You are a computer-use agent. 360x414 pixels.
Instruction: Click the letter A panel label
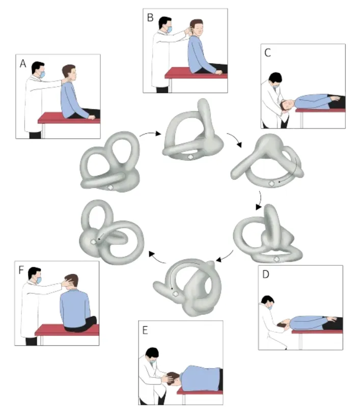coord(23,64)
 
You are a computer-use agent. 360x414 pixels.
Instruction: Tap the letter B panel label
coord(150,18)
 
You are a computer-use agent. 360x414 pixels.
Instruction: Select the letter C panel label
coord(267,53)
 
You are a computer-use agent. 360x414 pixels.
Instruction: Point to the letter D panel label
coord(266,274)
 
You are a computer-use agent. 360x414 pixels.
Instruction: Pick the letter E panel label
coord(145,330)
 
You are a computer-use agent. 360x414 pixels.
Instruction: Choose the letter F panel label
coord(21,270)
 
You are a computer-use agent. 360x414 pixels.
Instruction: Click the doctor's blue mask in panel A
coord(42,74)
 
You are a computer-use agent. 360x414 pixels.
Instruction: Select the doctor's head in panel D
coord(268,301)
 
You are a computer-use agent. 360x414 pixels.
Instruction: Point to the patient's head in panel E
coord(172,378)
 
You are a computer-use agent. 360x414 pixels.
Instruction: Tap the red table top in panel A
coord(69,118)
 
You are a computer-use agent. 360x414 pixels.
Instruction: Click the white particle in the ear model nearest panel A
coord(110,187)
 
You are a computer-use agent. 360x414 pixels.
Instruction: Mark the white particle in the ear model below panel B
coord(190,157)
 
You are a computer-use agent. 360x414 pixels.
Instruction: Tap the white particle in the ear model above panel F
coord(93,241)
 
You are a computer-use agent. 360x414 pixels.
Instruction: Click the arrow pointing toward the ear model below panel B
coord(150,133)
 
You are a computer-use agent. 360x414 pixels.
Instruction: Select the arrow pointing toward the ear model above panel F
coord(157,258)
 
